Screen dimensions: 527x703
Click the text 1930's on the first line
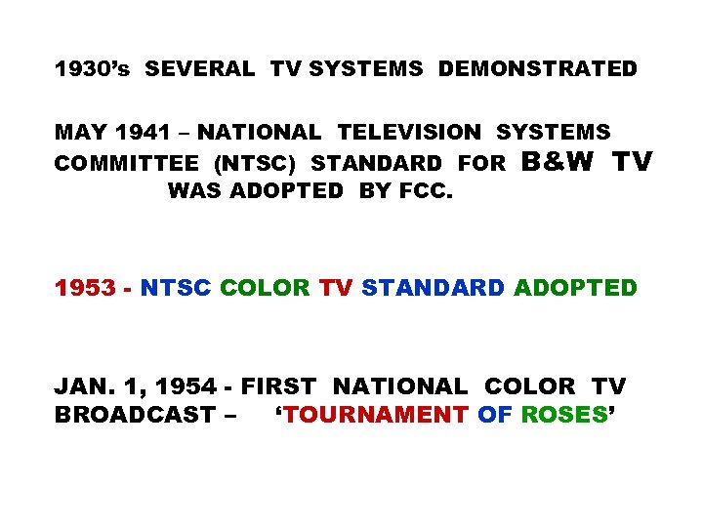(97, 69)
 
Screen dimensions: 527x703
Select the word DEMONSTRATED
(537, 69)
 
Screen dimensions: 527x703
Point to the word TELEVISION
(409, 132)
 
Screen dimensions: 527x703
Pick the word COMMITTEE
(127, 163)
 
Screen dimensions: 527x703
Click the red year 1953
(84, 289)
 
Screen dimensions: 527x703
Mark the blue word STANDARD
(433, 289)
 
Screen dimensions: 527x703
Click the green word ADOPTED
(575, 289)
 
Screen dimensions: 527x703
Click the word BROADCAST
(138, 415)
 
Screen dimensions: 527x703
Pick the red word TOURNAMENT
(376, 415)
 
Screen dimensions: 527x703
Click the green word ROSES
(563, 415)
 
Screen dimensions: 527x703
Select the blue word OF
(493, 415)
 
